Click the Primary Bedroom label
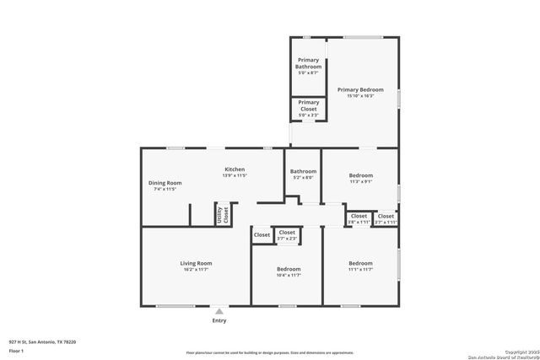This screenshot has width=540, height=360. click(360, 89)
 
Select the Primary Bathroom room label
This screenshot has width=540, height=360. click(308, 63)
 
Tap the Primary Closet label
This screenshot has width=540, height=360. click(308, 105)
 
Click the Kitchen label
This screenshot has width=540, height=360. click(234, 169)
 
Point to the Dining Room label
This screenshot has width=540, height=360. click(165, 183)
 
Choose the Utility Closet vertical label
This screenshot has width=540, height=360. click(225, 214)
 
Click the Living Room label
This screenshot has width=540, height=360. click(196, 263)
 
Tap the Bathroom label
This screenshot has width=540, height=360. click(303, 171)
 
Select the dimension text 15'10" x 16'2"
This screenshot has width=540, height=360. click(360, 96)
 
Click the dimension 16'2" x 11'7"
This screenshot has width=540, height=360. click(196, 270)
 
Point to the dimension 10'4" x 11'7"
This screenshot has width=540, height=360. click(289, 276)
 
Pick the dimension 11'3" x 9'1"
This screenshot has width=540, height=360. click(360, 181)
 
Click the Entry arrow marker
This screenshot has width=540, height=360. click(219, 311)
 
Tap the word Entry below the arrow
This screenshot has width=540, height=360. click(219, 320)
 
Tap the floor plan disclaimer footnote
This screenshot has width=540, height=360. click(270, 352)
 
